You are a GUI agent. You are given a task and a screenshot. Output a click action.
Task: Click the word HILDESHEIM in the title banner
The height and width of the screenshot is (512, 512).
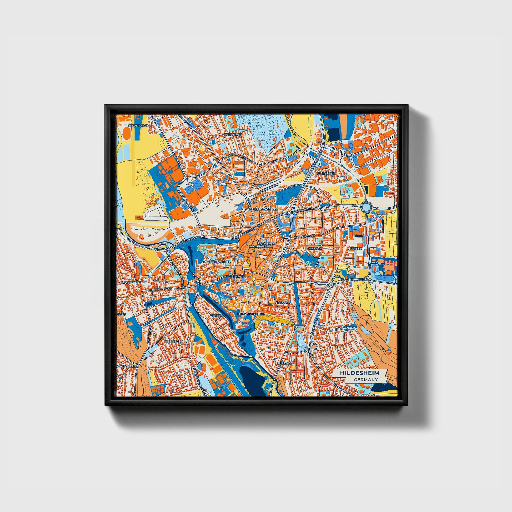pos(360,373)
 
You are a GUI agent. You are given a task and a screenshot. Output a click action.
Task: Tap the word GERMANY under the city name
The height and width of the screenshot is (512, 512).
pos(365,380)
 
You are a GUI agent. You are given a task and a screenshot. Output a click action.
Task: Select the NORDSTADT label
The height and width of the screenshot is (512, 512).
pos(233,135)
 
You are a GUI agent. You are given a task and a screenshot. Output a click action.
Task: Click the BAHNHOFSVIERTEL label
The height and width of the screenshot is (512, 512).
pos(263,209)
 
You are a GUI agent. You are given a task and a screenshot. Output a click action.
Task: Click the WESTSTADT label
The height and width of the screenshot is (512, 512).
pos(173,342)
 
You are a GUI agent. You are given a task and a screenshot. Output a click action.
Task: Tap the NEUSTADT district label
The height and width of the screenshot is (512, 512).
pos(283,302)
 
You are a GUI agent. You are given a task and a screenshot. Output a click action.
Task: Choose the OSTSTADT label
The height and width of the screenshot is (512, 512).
pos(315,249)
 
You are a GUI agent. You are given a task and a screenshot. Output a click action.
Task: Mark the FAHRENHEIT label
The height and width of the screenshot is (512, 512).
pos(326,173)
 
